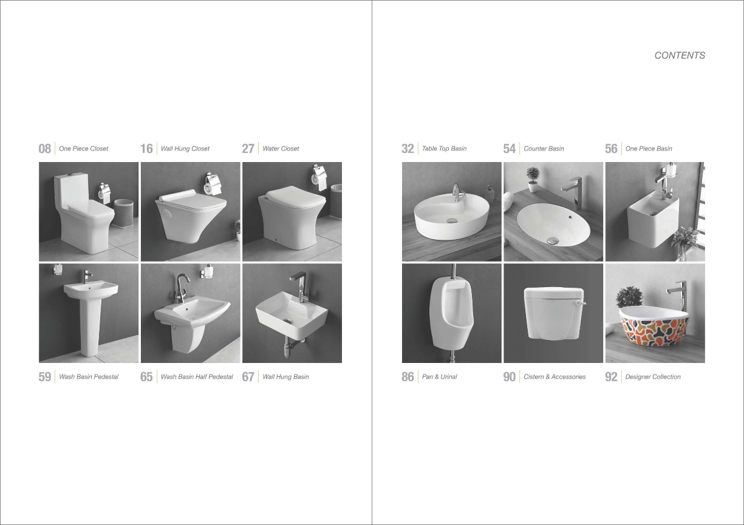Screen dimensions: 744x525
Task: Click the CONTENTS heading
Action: (x=680, y=55)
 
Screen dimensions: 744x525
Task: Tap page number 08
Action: (x=45, y=149)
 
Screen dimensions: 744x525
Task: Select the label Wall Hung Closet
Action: (x=185, y=149)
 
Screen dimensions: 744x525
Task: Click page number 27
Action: (x=248, y=149)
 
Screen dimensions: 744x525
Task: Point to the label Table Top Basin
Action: (x=444, y=149)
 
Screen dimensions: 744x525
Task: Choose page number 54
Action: (x=509, y=149)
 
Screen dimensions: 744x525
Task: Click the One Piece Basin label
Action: (x=649, y=149)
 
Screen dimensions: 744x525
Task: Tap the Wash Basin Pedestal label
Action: (x=89, y=377)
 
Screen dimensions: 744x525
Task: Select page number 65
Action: (x=146, y=377)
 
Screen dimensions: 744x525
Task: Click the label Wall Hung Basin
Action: (x=285, y=377)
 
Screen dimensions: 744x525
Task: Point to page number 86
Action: (x=408, y=377)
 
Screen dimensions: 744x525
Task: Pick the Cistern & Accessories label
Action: (x=555, y=377)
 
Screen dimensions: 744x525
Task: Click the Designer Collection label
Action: (x=653, y=377)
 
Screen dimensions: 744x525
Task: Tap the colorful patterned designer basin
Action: (x=654, y=327)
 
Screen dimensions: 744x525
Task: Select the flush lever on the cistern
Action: (x=581, y=303)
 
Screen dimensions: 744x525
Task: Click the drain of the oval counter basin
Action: (x=553, y=240)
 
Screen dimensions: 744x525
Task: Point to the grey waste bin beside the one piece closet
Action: (x=123, y=213)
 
